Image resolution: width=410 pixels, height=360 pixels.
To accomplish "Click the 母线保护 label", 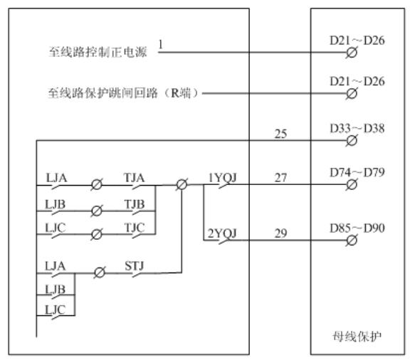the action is (357, 337).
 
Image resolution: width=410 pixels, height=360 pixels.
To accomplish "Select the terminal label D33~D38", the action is (357, 128).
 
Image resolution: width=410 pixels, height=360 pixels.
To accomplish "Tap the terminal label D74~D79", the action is (357, 172).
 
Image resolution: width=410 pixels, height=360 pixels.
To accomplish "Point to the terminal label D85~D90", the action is (357, 228).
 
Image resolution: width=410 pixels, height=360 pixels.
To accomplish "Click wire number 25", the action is (280, 134).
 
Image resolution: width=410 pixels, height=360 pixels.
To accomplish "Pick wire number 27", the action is (280, 178).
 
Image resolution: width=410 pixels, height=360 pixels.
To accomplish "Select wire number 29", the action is (280, 233).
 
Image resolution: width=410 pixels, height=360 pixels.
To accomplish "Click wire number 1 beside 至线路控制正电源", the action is (161, 44).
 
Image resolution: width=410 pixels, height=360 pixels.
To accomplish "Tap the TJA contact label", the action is (134, 178).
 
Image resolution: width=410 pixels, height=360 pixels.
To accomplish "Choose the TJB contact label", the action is (135, 204).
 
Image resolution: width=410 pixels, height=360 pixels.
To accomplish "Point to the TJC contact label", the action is (135, 228).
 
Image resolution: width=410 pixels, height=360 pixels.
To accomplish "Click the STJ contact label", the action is (135, 266).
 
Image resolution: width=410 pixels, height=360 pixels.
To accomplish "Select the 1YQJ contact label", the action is (222, 178).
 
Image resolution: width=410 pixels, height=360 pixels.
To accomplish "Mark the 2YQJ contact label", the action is (222, 233).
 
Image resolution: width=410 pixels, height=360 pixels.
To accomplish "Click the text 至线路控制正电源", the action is (98, 52).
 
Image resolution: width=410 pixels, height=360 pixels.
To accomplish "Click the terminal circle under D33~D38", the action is (352, 141).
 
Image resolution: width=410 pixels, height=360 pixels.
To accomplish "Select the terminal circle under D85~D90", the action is (352, 240).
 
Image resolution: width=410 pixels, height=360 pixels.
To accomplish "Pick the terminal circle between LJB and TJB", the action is (97, 211).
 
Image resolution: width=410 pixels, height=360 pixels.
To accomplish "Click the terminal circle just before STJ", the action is (100, 273).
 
